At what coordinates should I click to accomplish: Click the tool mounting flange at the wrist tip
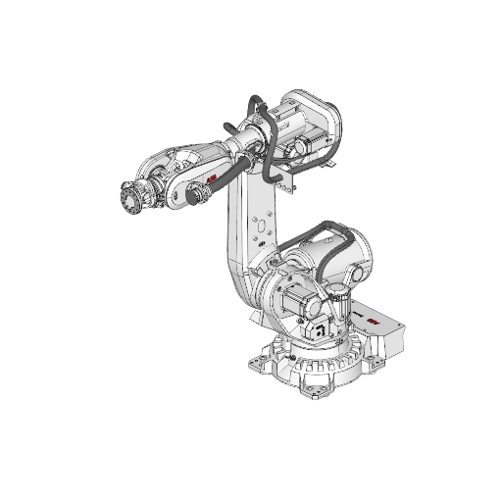128,200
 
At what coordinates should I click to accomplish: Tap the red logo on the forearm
213,178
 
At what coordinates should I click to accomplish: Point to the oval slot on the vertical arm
262,232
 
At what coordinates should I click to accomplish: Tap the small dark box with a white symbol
319,330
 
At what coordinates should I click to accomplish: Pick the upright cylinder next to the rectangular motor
341,303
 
